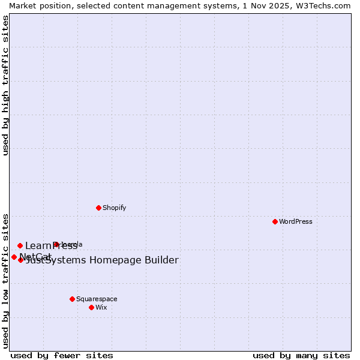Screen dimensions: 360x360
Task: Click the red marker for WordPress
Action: click(275, 221)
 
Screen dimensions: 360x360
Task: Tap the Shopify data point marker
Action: click(98, 208)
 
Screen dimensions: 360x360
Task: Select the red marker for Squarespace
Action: click(72, 299)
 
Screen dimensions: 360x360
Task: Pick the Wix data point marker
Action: click(91, 307)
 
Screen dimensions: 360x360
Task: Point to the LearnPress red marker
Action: click(20, 245)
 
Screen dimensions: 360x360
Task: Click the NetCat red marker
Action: click(14, 257)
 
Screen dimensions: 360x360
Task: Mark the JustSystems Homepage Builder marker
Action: click(20, 260)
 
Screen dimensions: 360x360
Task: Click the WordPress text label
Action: click(296, 221)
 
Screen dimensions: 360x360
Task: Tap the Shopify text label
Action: click(114, 208)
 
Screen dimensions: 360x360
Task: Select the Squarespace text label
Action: click(97, 299)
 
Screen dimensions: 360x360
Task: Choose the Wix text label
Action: click(101, 307)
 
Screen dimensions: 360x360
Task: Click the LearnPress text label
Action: click(51, 245)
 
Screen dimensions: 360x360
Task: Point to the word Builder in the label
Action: click(158, 260)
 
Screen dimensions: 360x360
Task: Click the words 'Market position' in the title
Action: click(37, 5)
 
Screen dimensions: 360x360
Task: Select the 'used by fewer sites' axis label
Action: click(62, 355)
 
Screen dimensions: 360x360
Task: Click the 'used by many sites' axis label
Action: click(301, 355)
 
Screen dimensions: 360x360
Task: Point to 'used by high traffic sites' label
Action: click(5, 85)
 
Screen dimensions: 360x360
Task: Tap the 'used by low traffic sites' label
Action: click(5, 280)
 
